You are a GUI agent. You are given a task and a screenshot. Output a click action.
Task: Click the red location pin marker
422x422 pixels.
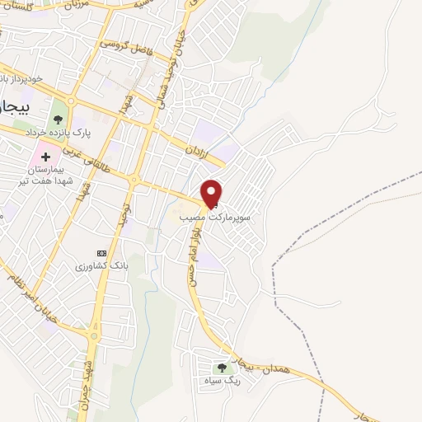click(213, 191)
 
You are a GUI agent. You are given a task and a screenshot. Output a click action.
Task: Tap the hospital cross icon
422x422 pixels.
click(45, 156)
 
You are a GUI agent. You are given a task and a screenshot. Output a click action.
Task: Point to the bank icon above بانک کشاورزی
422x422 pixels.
click(101, 252)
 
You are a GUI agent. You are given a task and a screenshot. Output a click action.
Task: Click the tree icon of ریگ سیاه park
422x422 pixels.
click(222, 368)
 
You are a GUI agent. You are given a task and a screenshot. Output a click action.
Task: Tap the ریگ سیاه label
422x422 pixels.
click(222, 382)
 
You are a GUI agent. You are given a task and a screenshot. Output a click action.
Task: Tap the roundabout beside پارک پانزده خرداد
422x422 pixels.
click(71, 102)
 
